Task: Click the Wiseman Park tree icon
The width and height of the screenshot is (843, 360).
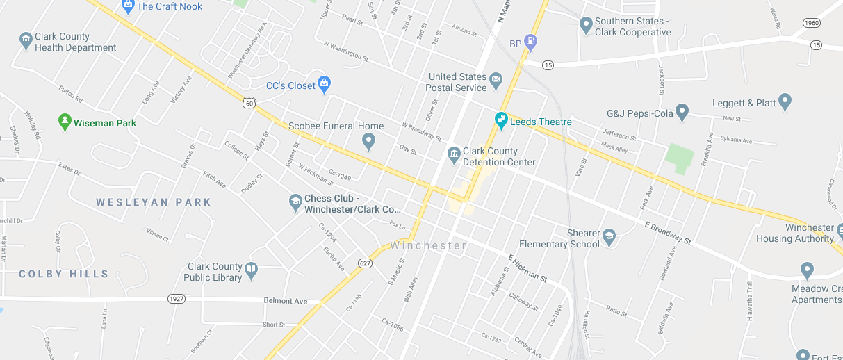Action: pyautogui.click(x=65, y=122)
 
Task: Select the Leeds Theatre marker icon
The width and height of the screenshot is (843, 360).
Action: pyautogui.click(x=500, y=121)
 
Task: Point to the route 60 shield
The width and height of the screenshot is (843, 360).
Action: pyautogui.click(x=249, y=103)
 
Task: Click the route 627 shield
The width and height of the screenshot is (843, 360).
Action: pyautogui.click(x=365, y=263)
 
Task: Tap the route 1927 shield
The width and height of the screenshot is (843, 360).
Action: pyautogui.click(x=177, y=298)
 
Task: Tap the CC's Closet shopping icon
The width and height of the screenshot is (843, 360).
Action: pyautogui.click(x=323, y=85)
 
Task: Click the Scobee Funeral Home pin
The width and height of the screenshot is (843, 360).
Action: pyautogui.click(x=369, y=142)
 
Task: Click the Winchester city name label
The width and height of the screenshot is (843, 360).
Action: pyautogui.click(x=428, y=245)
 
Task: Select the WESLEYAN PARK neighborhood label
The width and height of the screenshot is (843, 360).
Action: pyautogui.click(x=154, y=202)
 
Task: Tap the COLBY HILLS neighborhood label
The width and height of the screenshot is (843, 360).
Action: pyautogui.click(x=64, y=274)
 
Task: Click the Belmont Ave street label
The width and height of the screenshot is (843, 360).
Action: pyautogui.click(x=285, y=301)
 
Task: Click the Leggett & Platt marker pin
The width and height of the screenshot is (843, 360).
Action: pyautogui.click(x=785, y=102)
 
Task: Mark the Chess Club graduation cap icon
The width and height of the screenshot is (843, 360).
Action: pyautogui.click(x=295, y=203)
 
